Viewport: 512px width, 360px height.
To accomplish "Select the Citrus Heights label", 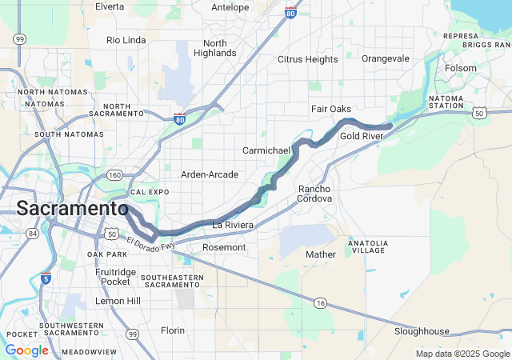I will (x=307, y=59).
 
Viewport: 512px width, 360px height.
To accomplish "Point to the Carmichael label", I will (x=266, y=150).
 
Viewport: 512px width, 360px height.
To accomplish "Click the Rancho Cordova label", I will (x=320, y=194).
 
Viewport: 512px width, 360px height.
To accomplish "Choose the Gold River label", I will (x=362, y=137).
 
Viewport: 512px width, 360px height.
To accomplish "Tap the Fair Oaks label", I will (x=331, y=109).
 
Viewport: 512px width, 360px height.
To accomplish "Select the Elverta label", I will (x=110, y=6).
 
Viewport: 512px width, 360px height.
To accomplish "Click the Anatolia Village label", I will (x=367, y=246).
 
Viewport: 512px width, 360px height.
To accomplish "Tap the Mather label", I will (x=321, y=254).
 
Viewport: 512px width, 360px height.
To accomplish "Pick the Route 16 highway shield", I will (x=320, y=302).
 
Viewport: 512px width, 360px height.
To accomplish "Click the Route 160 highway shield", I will (x=115, y=175).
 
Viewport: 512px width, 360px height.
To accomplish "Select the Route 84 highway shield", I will (x=33, y=233).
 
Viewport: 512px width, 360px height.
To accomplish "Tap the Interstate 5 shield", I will (x=46, y=278).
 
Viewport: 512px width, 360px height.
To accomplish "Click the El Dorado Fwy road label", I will (x=150, y=242).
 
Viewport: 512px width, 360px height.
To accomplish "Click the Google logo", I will (x=26, y=350).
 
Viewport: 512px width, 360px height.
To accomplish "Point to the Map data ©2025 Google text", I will (x=462, y=354).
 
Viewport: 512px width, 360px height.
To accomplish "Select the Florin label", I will (x=172, y=330).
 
